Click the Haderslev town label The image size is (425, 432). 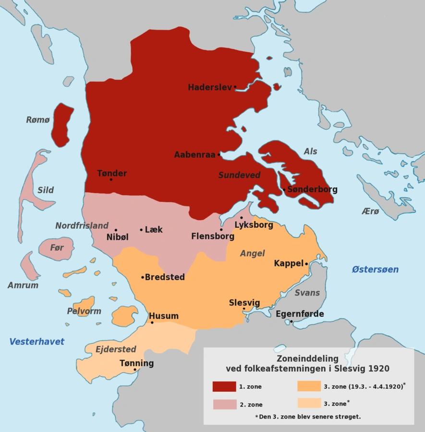(x=209, y=87)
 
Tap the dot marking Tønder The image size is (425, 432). (x=111, y=180)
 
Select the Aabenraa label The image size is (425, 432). (x=194, y=155)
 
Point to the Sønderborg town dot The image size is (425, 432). (x=284, y=189)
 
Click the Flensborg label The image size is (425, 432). (x=212, y=236)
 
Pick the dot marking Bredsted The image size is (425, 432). (x=143, y=277)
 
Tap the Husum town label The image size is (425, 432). (x=164, y=316)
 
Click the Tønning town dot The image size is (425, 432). (x=135, y=370)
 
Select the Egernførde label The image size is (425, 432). (x=300, y=314)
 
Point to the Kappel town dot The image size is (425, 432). (x=306, y=263)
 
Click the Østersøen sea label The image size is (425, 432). (x=375, y=269)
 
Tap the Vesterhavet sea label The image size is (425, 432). (x=36, y=342)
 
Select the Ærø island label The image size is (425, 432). (x=370, y=211)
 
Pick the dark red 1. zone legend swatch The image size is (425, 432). (x=224, y=386)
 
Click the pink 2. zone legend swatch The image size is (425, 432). (x=224, y=404)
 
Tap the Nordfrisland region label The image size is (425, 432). (x=82, y=225)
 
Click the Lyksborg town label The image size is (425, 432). (x=254, y=225)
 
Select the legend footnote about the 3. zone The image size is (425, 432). (x=308, y=417)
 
